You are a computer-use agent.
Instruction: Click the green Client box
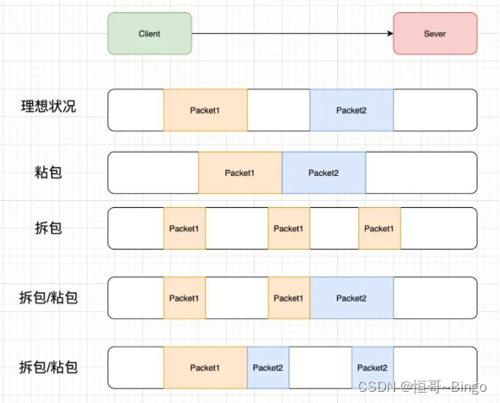point(149,34)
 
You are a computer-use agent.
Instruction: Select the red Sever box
point(434,34)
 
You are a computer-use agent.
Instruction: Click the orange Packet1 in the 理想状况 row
point(205,110)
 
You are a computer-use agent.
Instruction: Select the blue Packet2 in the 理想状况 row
point(351,110)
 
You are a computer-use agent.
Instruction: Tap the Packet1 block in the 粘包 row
point(240,172)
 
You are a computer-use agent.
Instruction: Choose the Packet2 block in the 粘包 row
point(323,172)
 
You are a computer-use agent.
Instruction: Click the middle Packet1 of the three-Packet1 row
point(289,229)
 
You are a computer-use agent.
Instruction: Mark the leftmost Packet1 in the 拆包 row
point(184,229)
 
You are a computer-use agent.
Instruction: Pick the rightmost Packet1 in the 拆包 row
point(379,229)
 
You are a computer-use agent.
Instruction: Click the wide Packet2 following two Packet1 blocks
point(351,298)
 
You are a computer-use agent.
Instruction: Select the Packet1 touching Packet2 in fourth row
point(289,298)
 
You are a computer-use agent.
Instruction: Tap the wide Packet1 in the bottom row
point(205,367)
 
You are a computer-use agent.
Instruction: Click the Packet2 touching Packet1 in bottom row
point(268,367)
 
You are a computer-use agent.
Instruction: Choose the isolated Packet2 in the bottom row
point(372,367)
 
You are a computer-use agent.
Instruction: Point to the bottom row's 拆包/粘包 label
point(49,367)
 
